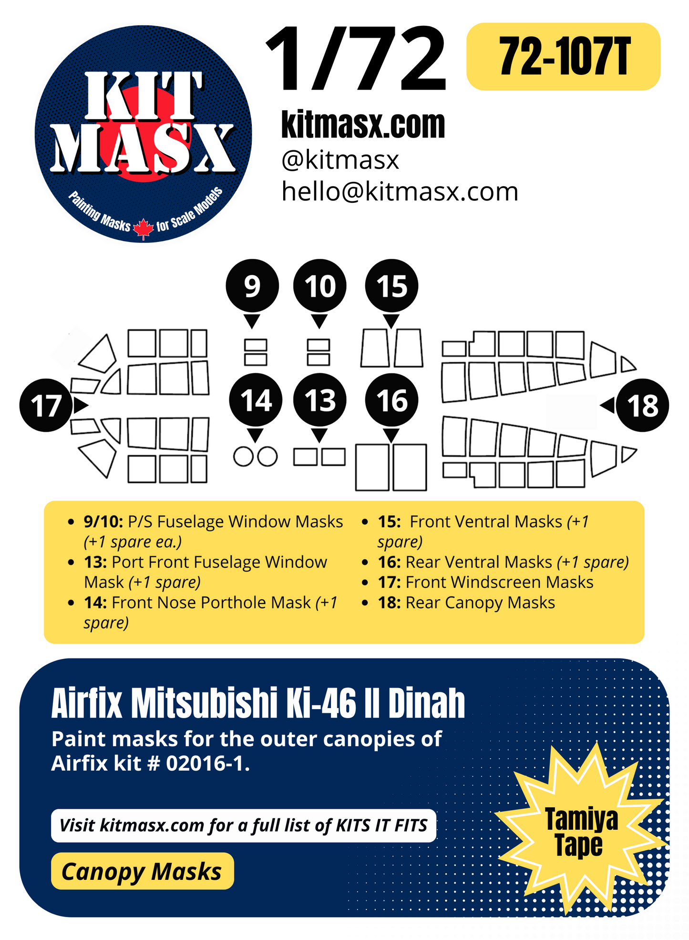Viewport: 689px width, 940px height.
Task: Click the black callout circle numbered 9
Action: click(x=252, y=286)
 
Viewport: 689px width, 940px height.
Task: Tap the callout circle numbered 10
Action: click(x=320, y=286)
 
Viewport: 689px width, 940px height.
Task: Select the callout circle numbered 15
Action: click(x=391, y=286)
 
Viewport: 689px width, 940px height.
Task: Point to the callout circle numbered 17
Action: click(x=46, y=406)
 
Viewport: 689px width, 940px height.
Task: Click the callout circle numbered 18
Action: click(x=642, y=406)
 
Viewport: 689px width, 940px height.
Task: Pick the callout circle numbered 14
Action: click(x=256, y=400)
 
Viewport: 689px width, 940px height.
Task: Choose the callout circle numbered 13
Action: click(x=319, y=400)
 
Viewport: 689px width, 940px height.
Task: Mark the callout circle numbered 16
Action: click(x=391, y=400)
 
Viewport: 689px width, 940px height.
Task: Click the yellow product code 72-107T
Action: click(x=564, y=57)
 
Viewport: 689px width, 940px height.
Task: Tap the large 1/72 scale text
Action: click(x=356, y=60)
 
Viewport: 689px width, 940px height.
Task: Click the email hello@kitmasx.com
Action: click(x=400, y=192)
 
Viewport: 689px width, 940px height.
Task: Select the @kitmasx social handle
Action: click(x=340, y=160)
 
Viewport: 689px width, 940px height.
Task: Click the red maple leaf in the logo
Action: click(x=143, y=229)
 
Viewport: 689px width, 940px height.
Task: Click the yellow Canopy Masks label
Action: click(x=142, y=871)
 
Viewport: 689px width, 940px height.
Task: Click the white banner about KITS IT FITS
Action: click(x=243, y=825)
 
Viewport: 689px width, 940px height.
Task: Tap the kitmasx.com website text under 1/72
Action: click(x=363, y=125)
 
